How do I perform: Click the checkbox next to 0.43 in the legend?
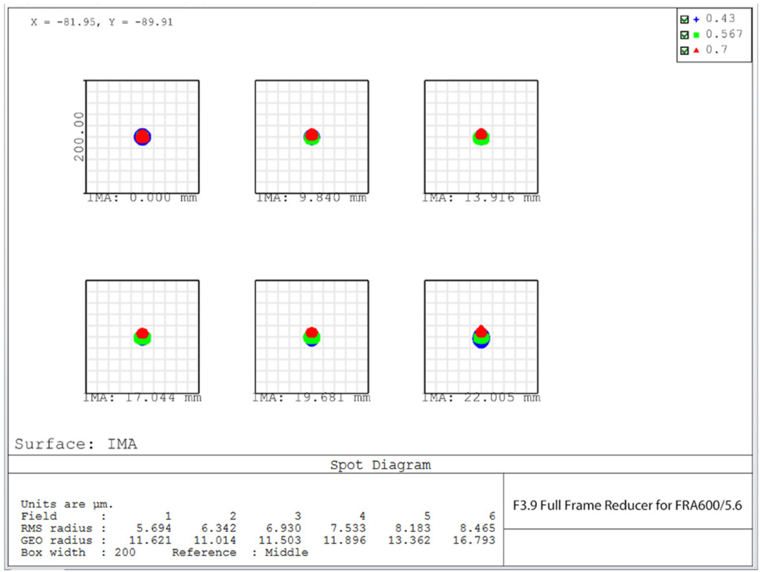pos(684,20)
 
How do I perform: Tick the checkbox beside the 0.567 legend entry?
pos(684,35)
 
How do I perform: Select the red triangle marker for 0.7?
pos(696,50)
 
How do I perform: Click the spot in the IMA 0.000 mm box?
pos(142,137)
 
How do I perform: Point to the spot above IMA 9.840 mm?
pos(312,137)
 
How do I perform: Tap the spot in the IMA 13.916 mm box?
pos(481,136)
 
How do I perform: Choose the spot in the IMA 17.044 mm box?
pos(142,337)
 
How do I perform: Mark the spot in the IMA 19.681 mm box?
pos(312,337)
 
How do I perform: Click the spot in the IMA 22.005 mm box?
pos(481,337)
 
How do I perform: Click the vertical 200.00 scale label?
pos(79,136)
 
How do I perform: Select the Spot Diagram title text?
pos(380,465)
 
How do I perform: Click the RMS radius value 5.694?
pos(153,529)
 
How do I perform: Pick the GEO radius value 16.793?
pos(474,540)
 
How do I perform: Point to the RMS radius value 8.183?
pos(412,529)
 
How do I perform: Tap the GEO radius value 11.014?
pos(214,540)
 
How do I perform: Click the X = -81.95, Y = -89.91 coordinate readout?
pos(102,22)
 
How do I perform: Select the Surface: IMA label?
pos(76,444)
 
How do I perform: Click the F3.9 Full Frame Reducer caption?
pos(627,506)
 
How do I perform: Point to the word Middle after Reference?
pos(286,552)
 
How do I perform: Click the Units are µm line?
pos(67,504)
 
